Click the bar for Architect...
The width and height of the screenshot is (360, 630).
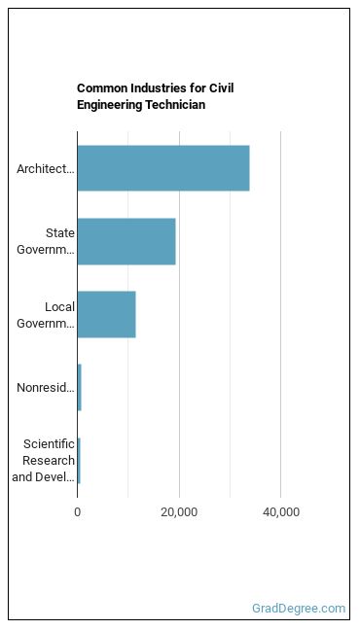163,168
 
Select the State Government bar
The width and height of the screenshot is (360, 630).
126,241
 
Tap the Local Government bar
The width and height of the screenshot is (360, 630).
107,315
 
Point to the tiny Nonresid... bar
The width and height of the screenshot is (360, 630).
79,388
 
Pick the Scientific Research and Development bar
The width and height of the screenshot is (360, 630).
79,461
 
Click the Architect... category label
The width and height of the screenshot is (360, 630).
46,169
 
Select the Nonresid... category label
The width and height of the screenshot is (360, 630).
46,388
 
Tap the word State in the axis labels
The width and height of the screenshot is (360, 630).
60,233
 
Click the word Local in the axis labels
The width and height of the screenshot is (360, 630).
59,307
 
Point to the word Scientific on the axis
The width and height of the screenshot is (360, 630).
49,444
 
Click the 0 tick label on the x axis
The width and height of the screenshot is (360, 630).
77,512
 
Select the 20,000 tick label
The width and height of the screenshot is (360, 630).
179,512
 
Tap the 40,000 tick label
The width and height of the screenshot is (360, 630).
281,512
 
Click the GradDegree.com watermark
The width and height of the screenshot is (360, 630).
299,609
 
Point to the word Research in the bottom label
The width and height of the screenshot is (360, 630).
49,461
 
